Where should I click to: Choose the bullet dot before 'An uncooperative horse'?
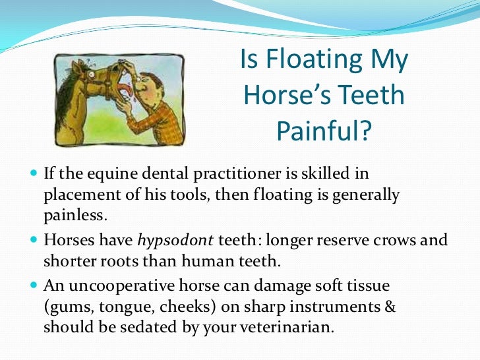pyautogui.click(x=34, y=286)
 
